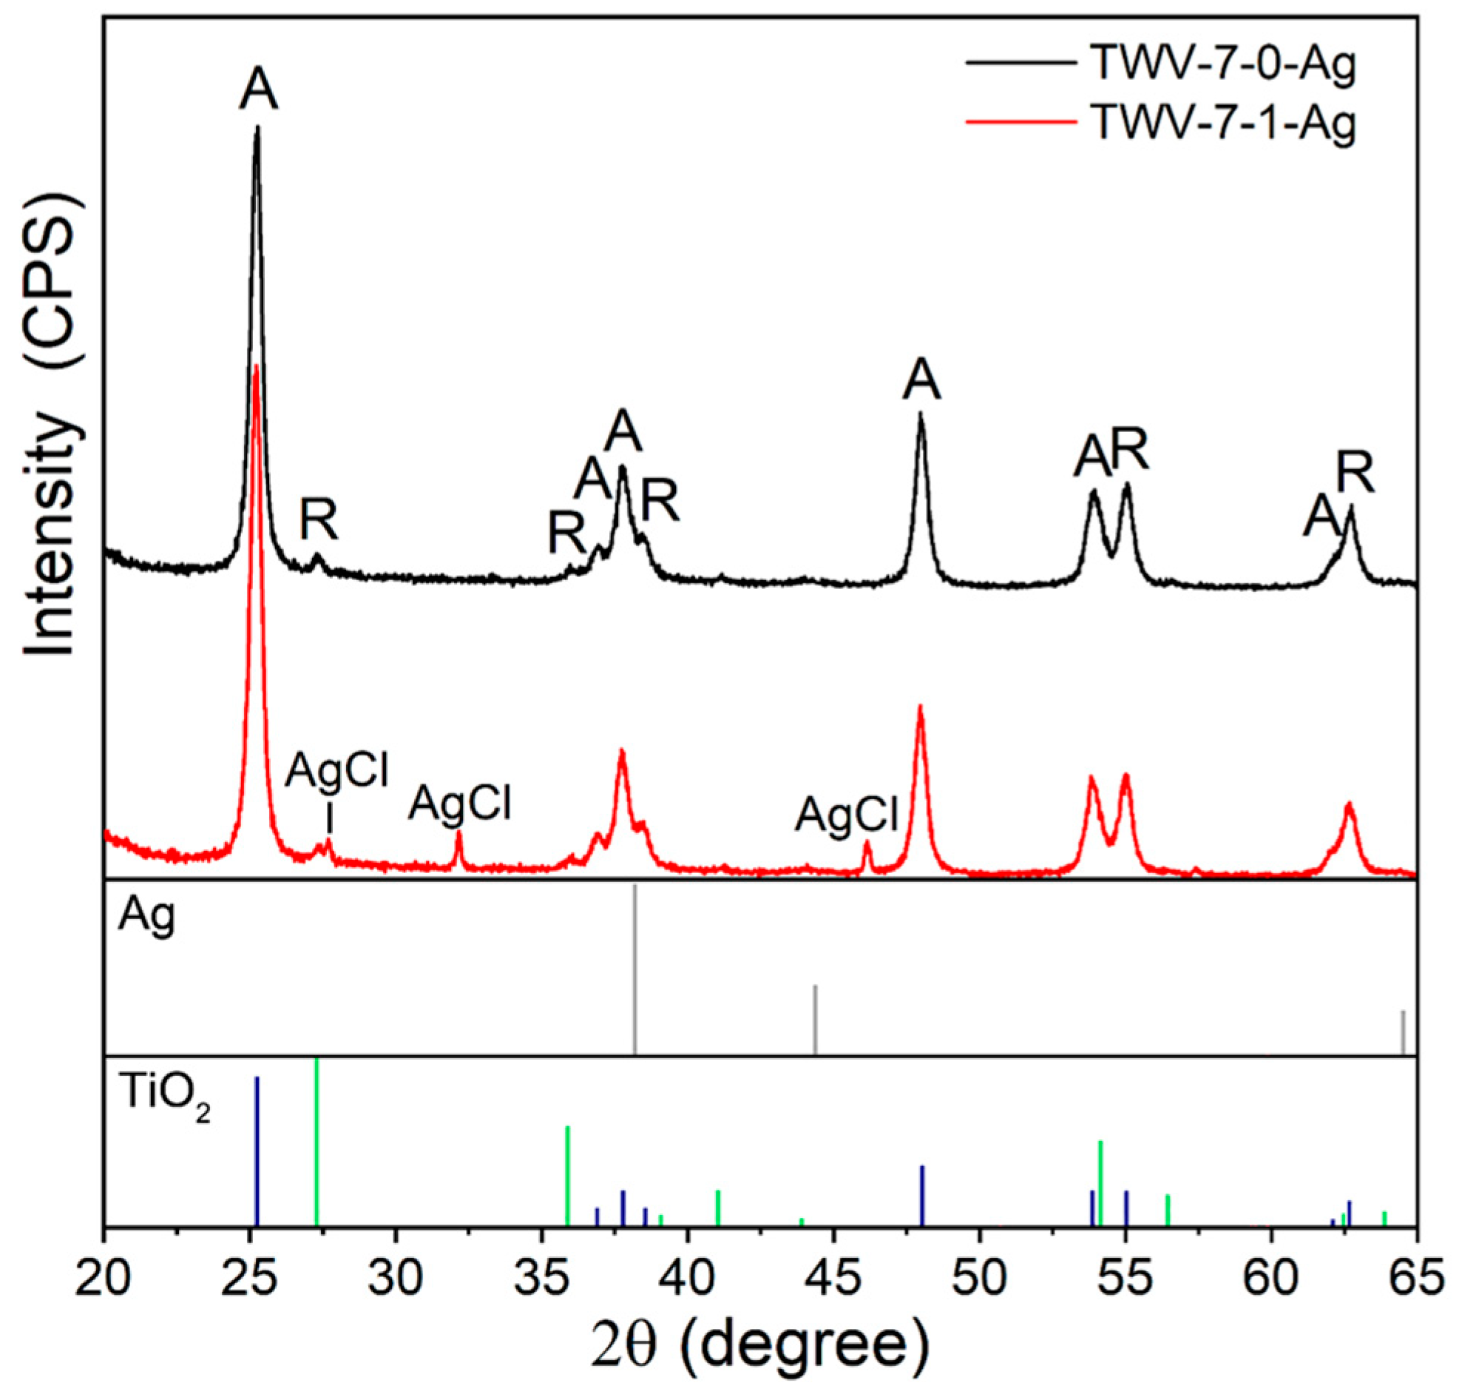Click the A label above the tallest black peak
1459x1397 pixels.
(258, 92)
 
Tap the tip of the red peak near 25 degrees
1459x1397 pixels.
(256, 366)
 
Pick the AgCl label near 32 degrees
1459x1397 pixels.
(460, 804)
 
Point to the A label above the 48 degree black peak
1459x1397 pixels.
(921, 382)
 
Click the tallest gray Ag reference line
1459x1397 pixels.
(634, 968)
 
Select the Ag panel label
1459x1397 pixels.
(147, 918)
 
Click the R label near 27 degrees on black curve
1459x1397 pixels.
(319, 521)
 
